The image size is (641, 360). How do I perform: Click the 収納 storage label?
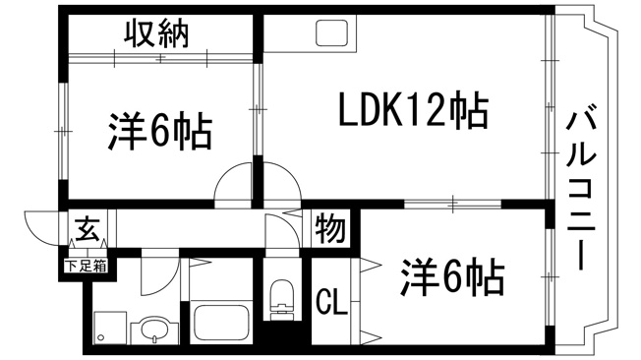[x=156, y=33]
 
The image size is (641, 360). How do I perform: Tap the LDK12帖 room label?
[x=414, y=111]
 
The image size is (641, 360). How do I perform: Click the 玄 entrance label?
[x=87, y=229]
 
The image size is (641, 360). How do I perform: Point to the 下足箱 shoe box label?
[x=87, y=267]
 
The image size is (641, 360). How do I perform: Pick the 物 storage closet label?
[x=330, y=228]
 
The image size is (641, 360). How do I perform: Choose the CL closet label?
[x=331, y=302]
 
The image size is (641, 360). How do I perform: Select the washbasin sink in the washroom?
[x=155, y=330]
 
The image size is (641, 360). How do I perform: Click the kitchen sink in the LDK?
[x=331, y=32]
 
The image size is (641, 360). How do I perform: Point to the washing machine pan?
[x=110, y=328]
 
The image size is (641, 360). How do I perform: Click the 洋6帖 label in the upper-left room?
[x=160, y=132]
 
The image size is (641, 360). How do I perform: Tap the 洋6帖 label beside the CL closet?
[x=452, y=277]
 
